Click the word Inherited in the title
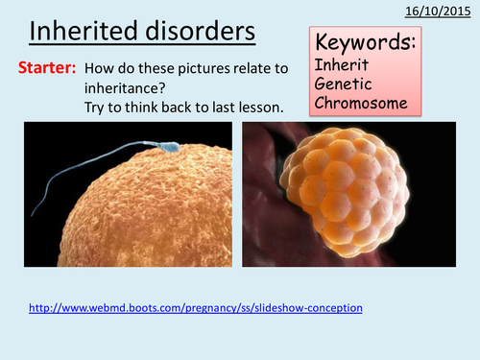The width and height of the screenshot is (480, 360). coord(84,31)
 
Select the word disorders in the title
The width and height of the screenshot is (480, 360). coord(201,31)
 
